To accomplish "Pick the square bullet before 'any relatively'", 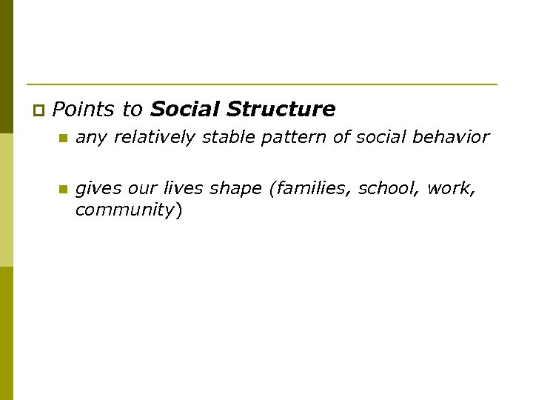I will tap(63, 139).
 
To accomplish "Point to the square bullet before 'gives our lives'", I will tap(63, 190).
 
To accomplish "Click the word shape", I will tap(236, 189).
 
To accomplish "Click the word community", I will tap(124, 210).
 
